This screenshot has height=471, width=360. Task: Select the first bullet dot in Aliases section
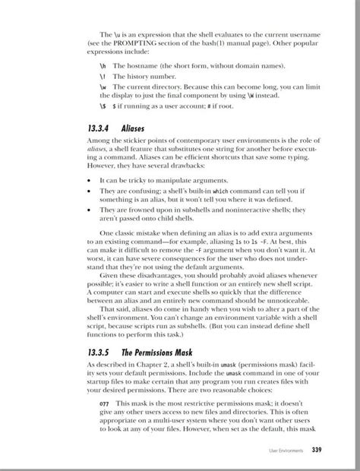pos(90,181)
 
